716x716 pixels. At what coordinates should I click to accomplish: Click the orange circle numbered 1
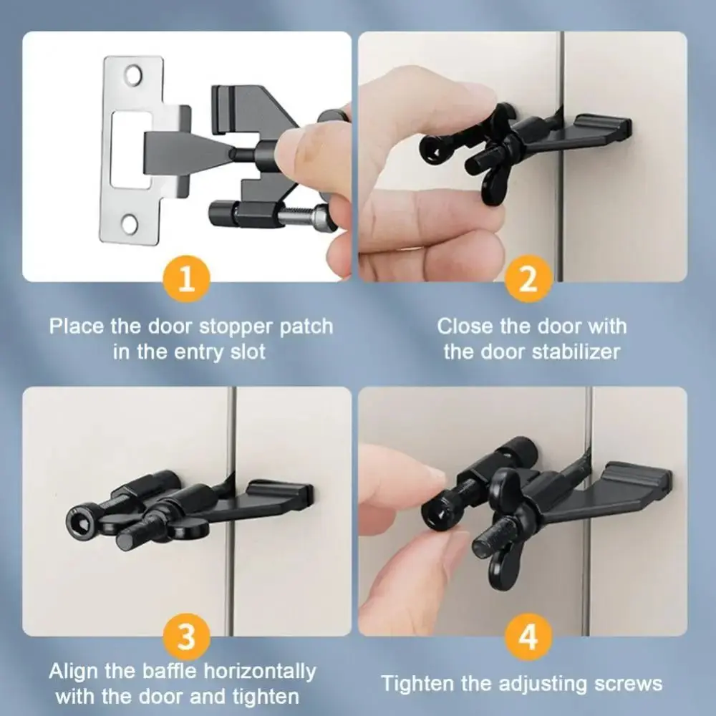tap(186, 278)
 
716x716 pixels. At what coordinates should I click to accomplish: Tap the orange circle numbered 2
tap(528, 278)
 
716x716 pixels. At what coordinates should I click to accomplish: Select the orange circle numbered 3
tap(186, 635)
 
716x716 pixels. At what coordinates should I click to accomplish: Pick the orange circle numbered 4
tap(528, 635)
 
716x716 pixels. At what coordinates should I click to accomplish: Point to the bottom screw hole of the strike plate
tap(130, 223)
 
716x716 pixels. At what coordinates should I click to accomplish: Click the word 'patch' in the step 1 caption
tap(304, 327)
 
